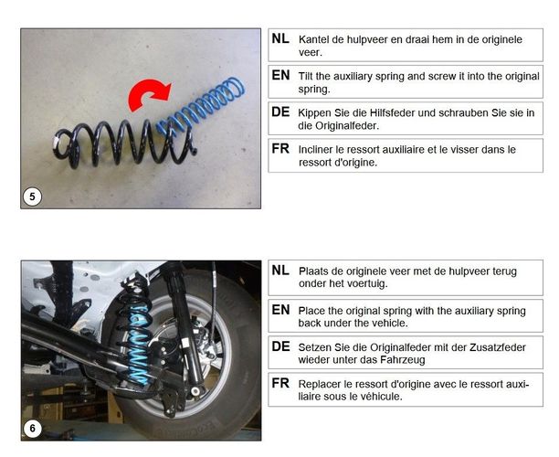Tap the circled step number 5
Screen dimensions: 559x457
point(33,197)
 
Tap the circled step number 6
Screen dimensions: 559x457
point(33,429)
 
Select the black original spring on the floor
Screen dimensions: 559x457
point(125,143)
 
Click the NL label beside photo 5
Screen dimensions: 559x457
point(280,38)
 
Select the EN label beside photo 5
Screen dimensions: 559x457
point(280,75)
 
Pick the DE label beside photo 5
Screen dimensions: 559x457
point(280,112)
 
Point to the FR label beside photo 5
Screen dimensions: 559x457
point(280,148)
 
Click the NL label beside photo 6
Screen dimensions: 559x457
point(280,271)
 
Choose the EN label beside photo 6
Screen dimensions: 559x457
point(280,310)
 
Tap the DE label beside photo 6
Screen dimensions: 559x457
point(280,346)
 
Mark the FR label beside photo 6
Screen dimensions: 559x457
point(280,383)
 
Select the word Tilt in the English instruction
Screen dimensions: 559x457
point(305,76)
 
